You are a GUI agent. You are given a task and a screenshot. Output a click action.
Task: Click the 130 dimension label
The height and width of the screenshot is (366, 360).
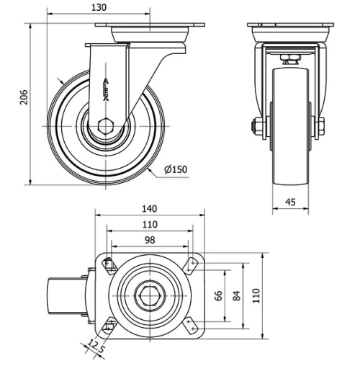pyautogui.click(x=99, y=7)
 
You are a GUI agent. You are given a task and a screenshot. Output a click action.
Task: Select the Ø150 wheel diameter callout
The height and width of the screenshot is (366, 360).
pyautogui.click(x=174, y=169)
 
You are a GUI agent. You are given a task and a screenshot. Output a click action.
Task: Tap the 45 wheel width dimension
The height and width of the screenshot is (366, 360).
pyautogui.click(x=291, y=202)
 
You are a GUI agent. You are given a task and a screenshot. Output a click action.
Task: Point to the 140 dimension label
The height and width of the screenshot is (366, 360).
pyautogui.click(x=150, y=209)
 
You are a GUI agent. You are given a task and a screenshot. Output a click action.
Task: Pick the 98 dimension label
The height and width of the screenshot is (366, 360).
pyautogui.click(x=150, y=239)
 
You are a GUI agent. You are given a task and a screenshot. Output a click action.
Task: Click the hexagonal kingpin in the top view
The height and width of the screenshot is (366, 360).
pyautogui.click(x=150, y=295)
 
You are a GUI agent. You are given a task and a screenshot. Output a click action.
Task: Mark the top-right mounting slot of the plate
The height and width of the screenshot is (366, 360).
pyautogui.click(x=190, y=264)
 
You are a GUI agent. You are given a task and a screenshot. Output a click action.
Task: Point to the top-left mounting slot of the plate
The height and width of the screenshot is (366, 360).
pyautogui.click(x=109, y=264)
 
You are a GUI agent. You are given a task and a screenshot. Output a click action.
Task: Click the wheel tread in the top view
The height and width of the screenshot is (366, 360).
pyautogui.click(x=62, y=295)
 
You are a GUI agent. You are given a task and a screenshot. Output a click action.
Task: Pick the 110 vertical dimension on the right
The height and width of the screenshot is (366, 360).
pyautogui.click(x=256, y=295)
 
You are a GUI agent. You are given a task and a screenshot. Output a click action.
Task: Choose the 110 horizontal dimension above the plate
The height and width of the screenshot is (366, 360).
pyautogui.click(x=150, y=224)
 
